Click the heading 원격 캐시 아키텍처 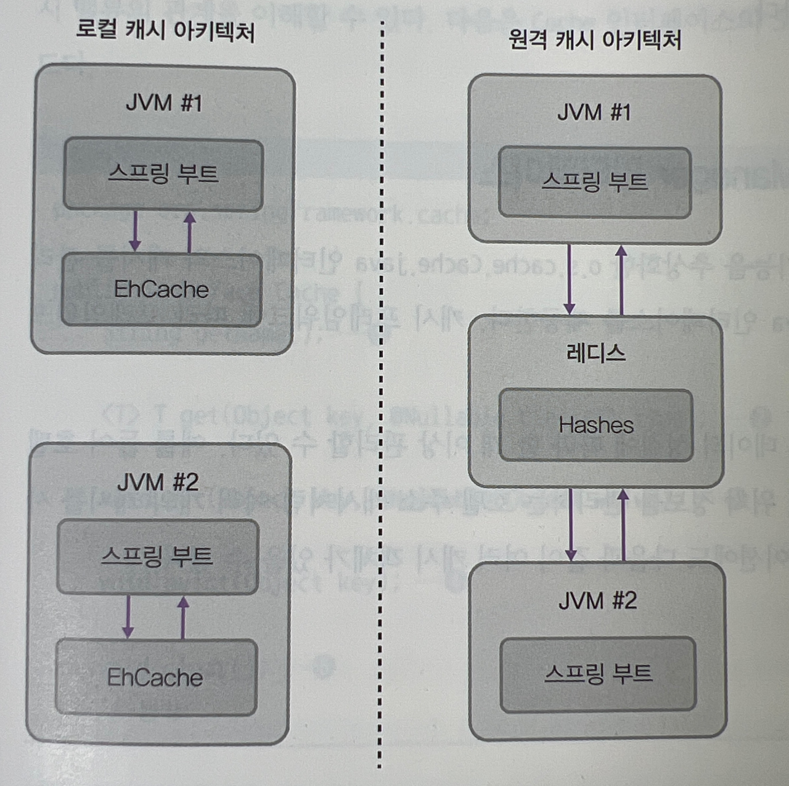pyautogui.click(x=594, y=39)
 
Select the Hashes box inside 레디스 pyautogui.click(x=595, y=425)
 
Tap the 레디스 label pyautogui.click(x=595, y=354)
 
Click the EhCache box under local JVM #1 pyautogui.click(x=161, y=289)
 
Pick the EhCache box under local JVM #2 pyautogui.click(x=155, y=677)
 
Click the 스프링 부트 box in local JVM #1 pyautogui.click(x=163, y=173)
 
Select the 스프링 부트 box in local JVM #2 pyautogui.click(x=157, y=556)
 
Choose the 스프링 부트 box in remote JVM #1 pyautogui.click(x=594, y=182)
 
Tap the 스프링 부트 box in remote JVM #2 pyautogui.click(x=598, y=674)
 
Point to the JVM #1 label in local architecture pyautogui.click(x=163, y=102)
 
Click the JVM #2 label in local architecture pyautogui.click(x=158, y=482)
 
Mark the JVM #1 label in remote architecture pyautogui.click(x=594, y=112)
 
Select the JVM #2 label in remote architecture pyautogui.click(x=597, y=600)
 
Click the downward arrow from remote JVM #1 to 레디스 pyautogui.click(x=570, y=279)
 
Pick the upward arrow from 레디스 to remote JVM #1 pyautogui.click(x=621, y=279)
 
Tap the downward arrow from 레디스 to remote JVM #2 pyautogui.click(x=571, y=524)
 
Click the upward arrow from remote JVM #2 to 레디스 pyautogui.click(x=623, y=524)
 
